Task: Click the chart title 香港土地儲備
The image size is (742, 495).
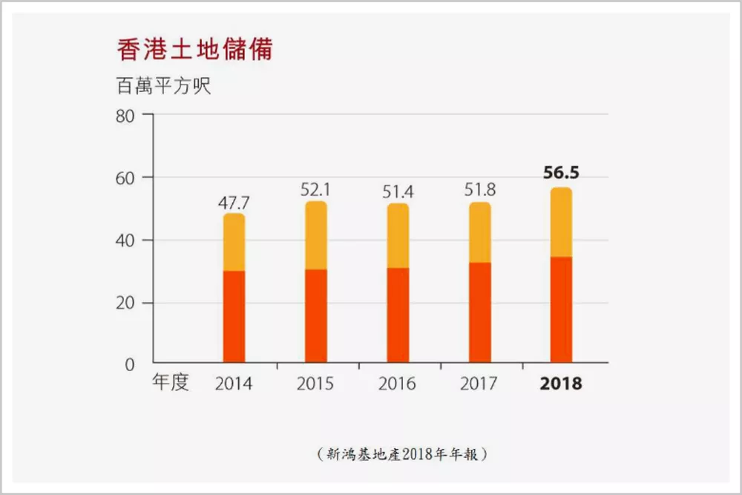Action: coord(194,50)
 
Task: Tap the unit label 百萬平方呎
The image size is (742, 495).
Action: coord(163,86)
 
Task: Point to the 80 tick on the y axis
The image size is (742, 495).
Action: coord(125,116)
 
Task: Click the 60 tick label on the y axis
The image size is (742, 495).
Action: coord(125,178)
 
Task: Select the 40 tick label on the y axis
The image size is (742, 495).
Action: coord(125,241)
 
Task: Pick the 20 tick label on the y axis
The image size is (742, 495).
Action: coord(125,304)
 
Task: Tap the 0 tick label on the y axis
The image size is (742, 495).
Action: coord(130,365)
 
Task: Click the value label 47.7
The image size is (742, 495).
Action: coord(234,203)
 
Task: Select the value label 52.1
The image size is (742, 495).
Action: coord(315,190)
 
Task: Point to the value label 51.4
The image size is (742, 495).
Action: coord(398,192)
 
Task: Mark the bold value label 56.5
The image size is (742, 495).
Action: coord(561,173)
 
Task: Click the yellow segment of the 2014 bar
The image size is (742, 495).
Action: coord(234,242)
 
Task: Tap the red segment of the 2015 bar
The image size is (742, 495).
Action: coord(316,316)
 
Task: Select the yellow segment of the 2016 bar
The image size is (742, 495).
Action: coord(398,236)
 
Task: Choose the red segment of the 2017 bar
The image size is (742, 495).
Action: coord(480,312)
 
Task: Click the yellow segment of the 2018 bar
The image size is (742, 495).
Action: coord(561,223)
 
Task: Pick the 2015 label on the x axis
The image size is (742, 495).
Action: coord(315,384)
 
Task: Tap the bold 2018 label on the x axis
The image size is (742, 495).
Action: coord(561,384)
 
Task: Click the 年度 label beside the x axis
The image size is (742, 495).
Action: coord(171,382)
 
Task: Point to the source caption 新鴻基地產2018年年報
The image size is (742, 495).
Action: coord(401,454)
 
